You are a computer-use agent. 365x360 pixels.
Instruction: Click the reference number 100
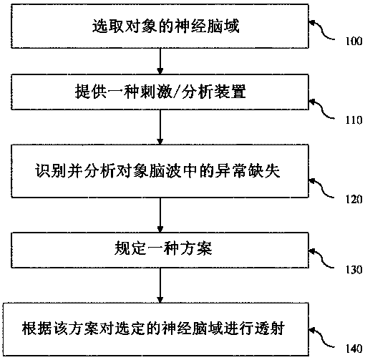click(x=354, y=42)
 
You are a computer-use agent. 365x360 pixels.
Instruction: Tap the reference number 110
click(x=354, y=120)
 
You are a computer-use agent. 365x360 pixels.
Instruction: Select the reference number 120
click(x=354, y=199)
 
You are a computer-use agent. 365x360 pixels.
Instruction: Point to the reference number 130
click(x=354, y=270)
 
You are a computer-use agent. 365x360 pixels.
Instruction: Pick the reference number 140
click(x=354, y=349)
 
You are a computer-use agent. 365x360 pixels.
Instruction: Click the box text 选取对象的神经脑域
click(x=165, y=26)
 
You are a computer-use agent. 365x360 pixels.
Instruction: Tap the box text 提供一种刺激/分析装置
click(x=160, y=92)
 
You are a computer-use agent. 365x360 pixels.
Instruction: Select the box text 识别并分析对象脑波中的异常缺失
click(x=157, y=171)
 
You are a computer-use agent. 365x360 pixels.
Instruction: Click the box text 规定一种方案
click(x=163, y=248)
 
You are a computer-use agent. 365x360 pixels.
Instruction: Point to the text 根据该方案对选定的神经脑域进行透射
click(x=153, y=329)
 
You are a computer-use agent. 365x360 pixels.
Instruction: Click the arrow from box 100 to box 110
click(x=160, y=62)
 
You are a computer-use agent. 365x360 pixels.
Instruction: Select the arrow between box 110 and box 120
click(x=160, y=127)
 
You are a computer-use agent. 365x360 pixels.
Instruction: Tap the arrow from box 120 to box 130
click(x=160, y=215)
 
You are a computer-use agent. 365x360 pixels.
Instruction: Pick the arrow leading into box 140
click(x=160, y=286)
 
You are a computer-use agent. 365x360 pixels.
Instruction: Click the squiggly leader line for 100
click(x=323, y=31)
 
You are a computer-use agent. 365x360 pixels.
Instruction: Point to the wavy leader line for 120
click(x=323, y=188)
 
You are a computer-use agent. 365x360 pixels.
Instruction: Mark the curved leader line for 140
click(x=323, y=339)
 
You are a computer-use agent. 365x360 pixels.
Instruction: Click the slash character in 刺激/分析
click(x=177, y=92)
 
